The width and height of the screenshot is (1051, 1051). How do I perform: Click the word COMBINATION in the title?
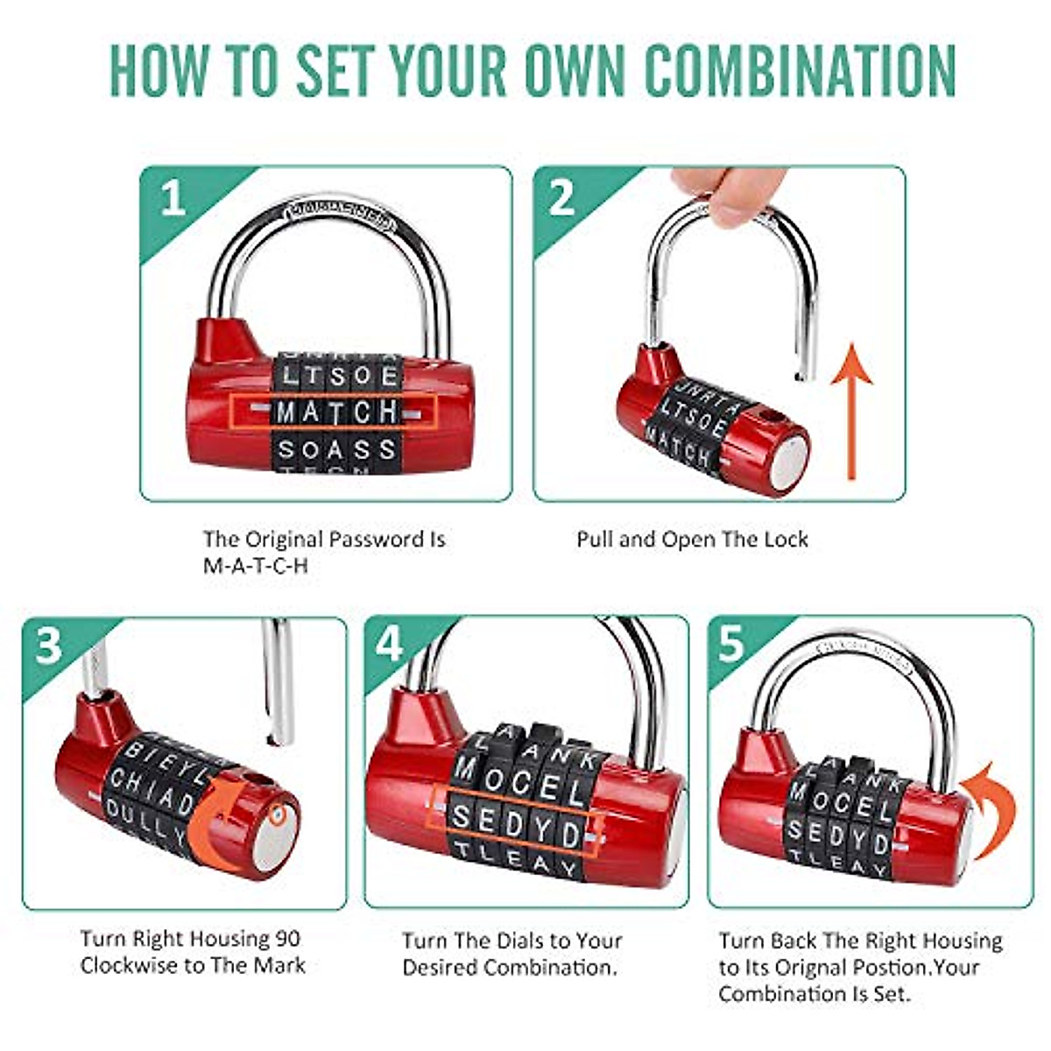point(800,69)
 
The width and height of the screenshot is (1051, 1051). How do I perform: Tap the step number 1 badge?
point(173,200)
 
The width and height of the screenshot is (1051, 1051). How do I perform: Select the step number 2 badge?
point(561,199)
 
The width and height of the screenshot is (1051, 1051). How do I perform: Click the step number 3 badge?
point(49,646)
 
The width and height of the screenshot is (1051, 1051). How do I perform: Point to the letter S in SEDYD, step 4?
point(462,818)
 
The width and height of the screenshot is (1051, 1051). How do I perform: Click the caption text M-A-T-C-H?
point(256,565)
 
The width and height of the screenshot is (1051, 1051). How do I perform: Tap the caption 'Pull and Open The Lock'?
point(692,539)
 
